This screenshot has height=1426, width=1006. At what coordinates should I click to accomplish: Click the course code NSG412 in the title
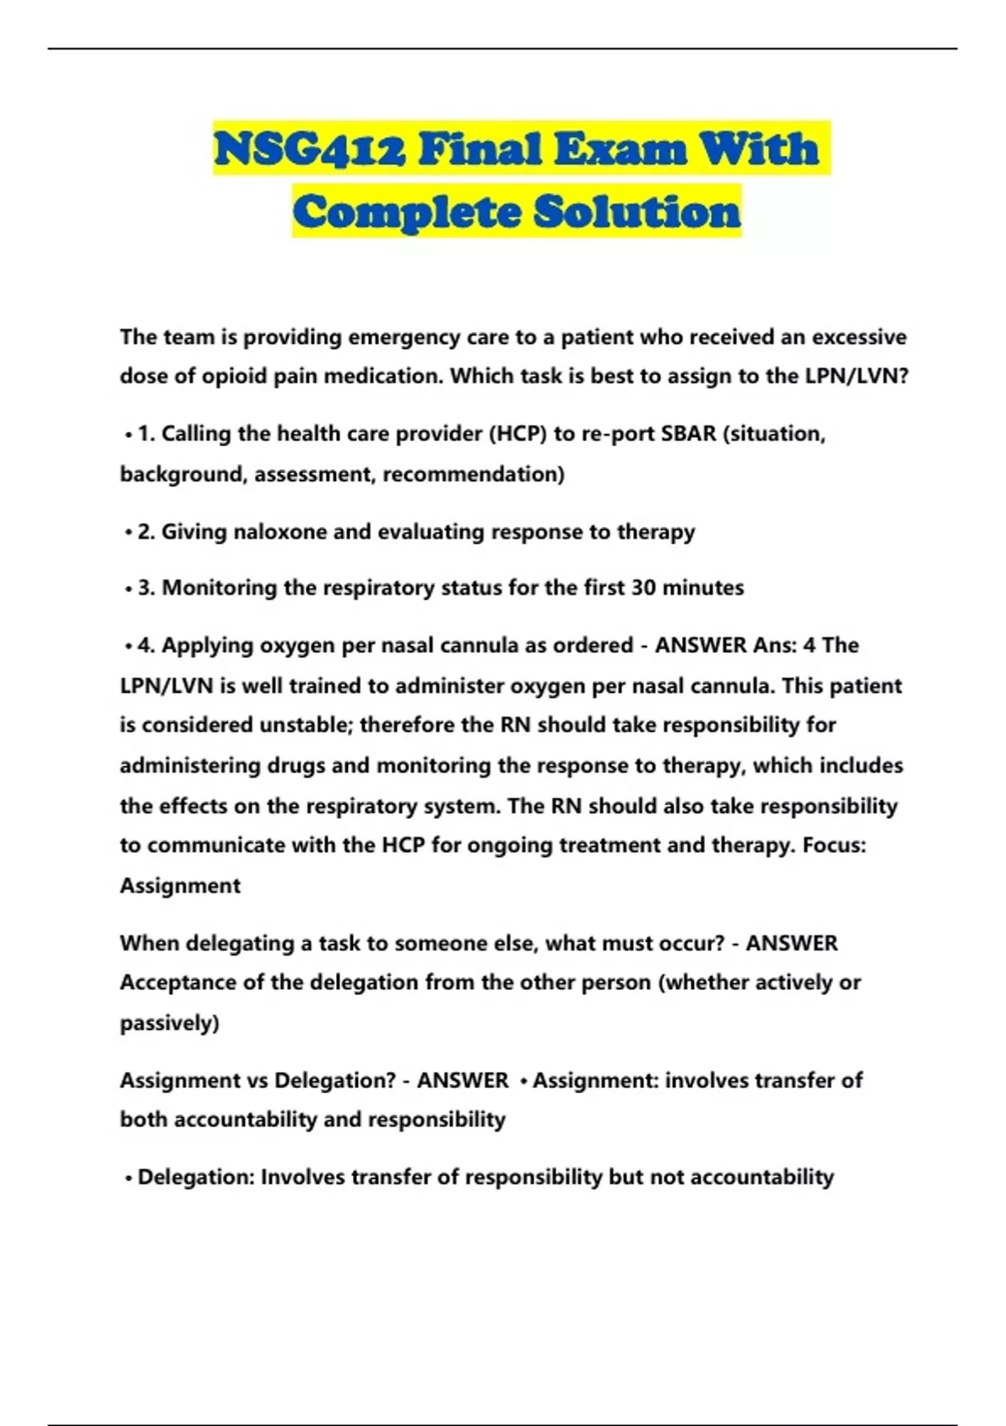click(x=310, y=149)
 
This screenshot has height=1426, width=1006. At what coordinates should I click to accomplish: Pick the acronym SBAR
click(x=688, y=434)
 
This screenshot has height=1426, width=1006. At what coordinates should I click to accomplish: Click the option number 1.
click(x=146, y=434)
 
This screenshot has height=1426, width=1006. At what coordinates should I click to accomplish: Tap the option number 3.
click(x=146, y=588)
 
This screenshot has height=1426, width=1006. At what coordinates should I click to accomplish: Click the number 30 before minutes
click(x=643, y=588)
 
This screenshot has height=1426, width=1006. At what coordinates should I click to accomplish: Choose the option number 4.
click(x=146, y=645)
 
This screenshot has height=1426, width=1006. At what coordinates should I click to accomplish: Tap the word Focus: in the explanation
click(x=834, y=845)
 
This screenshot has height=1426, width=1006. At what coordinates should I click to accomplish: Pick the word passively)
click(x=169, y=1023)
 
